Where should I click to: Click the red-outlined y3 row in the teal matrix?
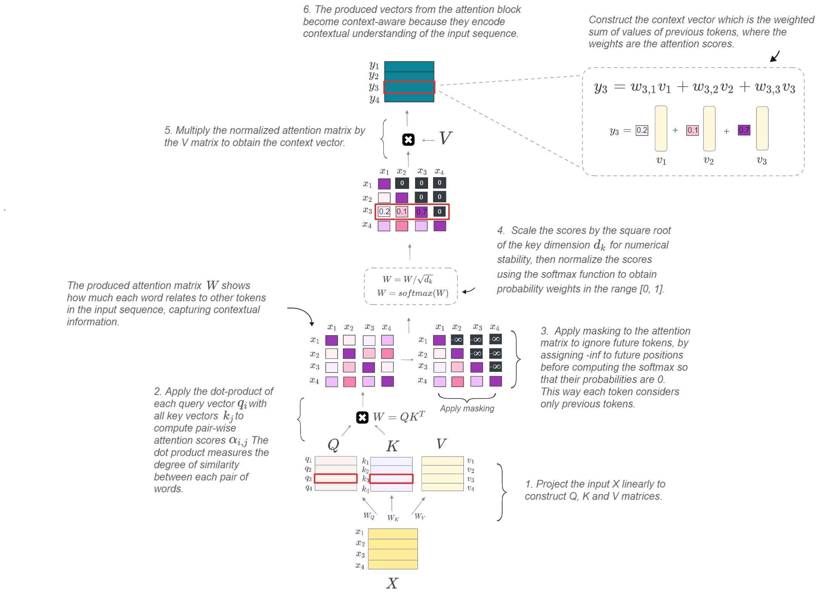coord(409,87)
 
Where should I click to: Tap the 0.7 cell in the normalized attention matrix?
coord(421,211)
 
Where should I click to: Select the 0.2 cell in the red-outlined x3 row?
coord(384,211)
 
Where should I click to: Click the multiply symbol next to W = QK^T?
coord(362,417)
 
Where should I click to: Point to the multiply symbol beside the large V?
coord(408,140)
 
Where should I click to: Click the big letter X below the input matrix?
coord(392,583)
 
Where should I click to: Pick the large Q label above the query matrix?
coord(333,445)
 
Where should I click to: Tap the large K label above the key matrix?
coord(393,445)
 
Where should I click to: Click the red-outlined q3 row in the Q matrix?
coord(336,478)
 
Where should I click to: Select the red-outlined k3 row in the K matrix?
coord(391,479)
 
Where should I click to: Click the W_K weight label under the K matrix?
coord(393,518)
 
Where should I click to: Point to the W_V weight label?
coord(420,516)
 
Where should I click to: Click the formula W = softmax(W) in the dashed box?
coord(412,293)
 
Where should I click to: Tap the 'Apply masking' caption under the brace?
coord(467,408)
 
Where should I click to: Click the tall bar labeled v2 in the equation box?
coord(709,129)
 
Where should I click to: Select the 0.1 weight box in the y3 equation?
coord(692,130)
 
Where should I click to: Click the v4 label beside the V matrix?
coord(470,488)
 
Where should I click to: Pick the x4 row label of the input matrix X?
coord(360,565)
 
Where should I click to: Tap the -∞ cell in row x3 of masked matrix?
coord(495,367)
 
